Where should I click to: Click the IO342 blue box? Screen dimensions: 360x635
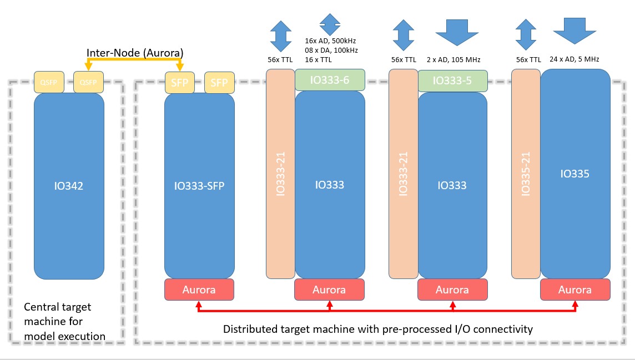[69, 186]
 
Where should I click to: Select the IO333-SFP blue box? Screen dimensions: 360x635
[199, 186]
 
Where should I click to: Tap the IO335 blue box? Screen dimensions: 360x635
[574, 174]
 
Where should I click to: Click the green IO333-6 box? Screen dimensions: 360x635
[329, 80]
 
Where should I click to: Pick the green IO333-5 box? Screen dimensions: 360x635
[452, 80]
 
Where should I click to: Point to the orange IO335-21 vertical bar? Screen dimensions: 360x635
[525, 173]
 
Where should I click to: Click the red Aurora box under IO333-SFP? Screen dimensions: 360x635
[199, 290]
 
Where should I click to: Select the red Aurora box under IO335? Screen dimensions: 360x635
[574, 290]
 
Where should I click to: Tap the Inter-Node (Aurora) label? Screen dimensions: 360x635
[135, 52]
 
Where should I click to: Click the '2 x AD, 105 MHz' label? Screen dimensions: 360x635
[453, 59]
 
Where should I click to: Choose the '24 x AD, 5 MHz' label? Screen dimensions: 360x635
[574, 59]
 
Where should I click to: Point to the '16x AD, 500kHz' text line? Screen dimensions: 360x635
[331, 41]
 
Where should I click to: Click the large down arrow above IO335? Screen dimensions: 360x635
[574, 29]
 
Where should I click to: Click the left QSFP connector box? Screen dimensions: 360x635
[49, 82]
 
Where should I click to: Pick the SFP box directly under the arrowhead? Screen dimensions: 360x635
[179, 83]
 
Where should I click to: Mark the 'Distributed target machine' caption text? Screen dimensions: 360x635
[377, 329]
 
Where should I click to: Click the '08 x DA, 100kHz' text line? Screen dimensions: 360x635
[331, 50]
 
